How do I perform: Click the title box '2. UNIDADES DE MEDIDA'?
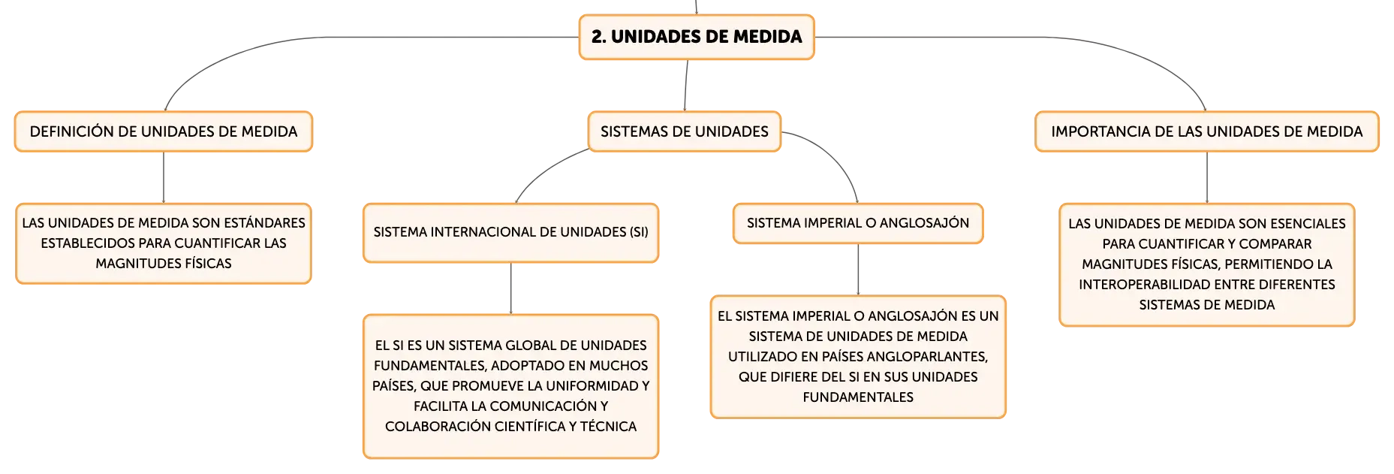pos(697,37)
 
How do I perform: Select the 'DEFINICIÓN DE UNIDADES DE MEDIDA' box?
pos(164,131)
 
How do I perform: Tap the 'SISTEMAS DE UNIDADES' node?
pos(685,131)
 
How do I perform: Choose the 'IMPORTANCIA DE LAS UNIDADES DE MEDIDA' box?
pos(1207,131)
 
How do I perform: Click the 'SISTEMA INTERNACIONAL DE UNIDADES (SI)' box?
pos(510,233)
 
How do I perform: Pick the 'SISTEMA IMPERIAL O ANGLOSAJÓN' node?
pos(858,223)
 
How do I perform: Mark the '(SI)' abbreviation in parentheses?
pos(639,232)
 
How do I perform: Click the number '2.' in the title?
pos(599,37)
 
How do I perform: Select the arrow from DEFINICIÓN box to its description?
pos(164,177)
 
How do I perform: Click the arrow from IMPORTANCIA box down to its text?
pos(1207,177)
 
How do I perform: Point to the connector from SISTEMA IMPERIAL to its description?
pos(858,269)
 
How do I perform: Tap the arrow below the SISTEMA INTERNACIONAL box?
pos(510,288)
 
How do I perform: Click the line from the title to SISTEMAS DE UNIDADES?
pos(686,86)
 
